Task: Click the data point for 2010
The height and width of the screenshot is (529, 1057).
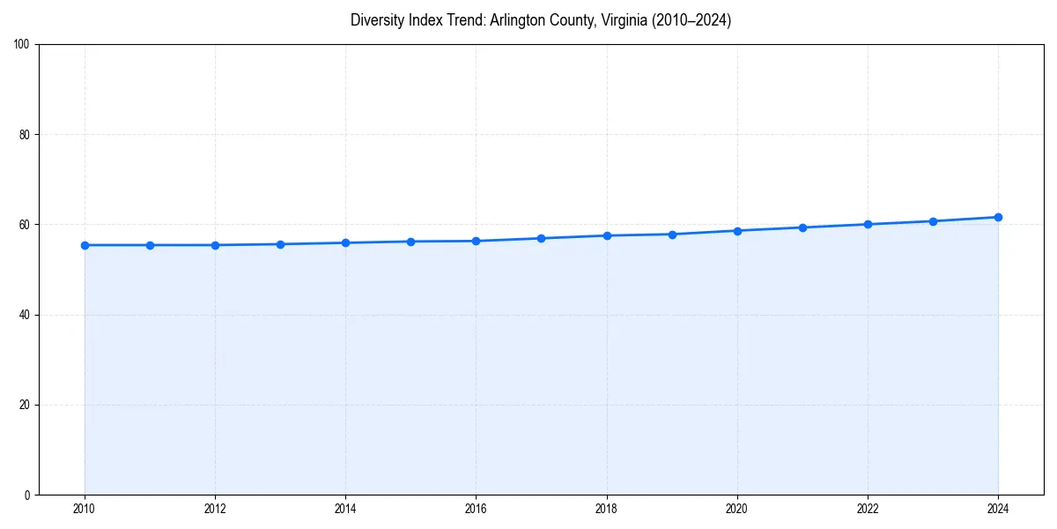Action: click(x=85, y=245)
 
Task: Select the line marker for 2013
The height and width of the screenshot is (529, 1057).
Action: click(x=280, y=244)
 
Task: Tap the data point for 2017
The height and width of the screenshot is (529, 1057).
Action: click(x=541, y=238)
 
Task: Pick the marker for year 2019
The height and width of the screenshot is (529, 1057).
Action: click(x=672, y=235)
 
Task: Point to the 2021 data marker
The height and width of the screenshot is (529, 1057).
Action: click(x=802, y=227)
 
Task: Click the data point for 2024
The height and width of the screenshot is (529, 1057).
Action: click(x=998, y=217)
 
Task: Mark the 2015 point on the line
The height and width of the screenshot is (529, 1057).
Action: click(x=410, y=242)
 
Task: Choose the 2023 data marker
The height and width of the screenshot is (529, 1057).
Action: click(x=933, y=221)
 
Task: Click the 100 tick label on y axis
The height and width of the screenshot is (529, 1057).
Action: click(x=23, y=45)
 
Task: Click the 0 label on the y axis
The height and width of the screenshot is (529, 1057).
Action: click(x=28, y=495)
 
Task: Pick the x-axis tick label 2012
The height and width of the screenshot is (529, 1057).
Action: click(x=215, y=509)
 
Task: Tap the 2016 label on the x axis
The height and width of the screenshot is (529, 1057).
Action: click(x=476, y=509)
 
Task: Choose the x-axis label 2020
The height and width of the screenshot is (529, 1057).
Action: click(x=737, y=509)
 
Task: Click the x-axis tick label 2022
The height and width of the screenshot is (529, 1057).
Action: click(x=868, y=509)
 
